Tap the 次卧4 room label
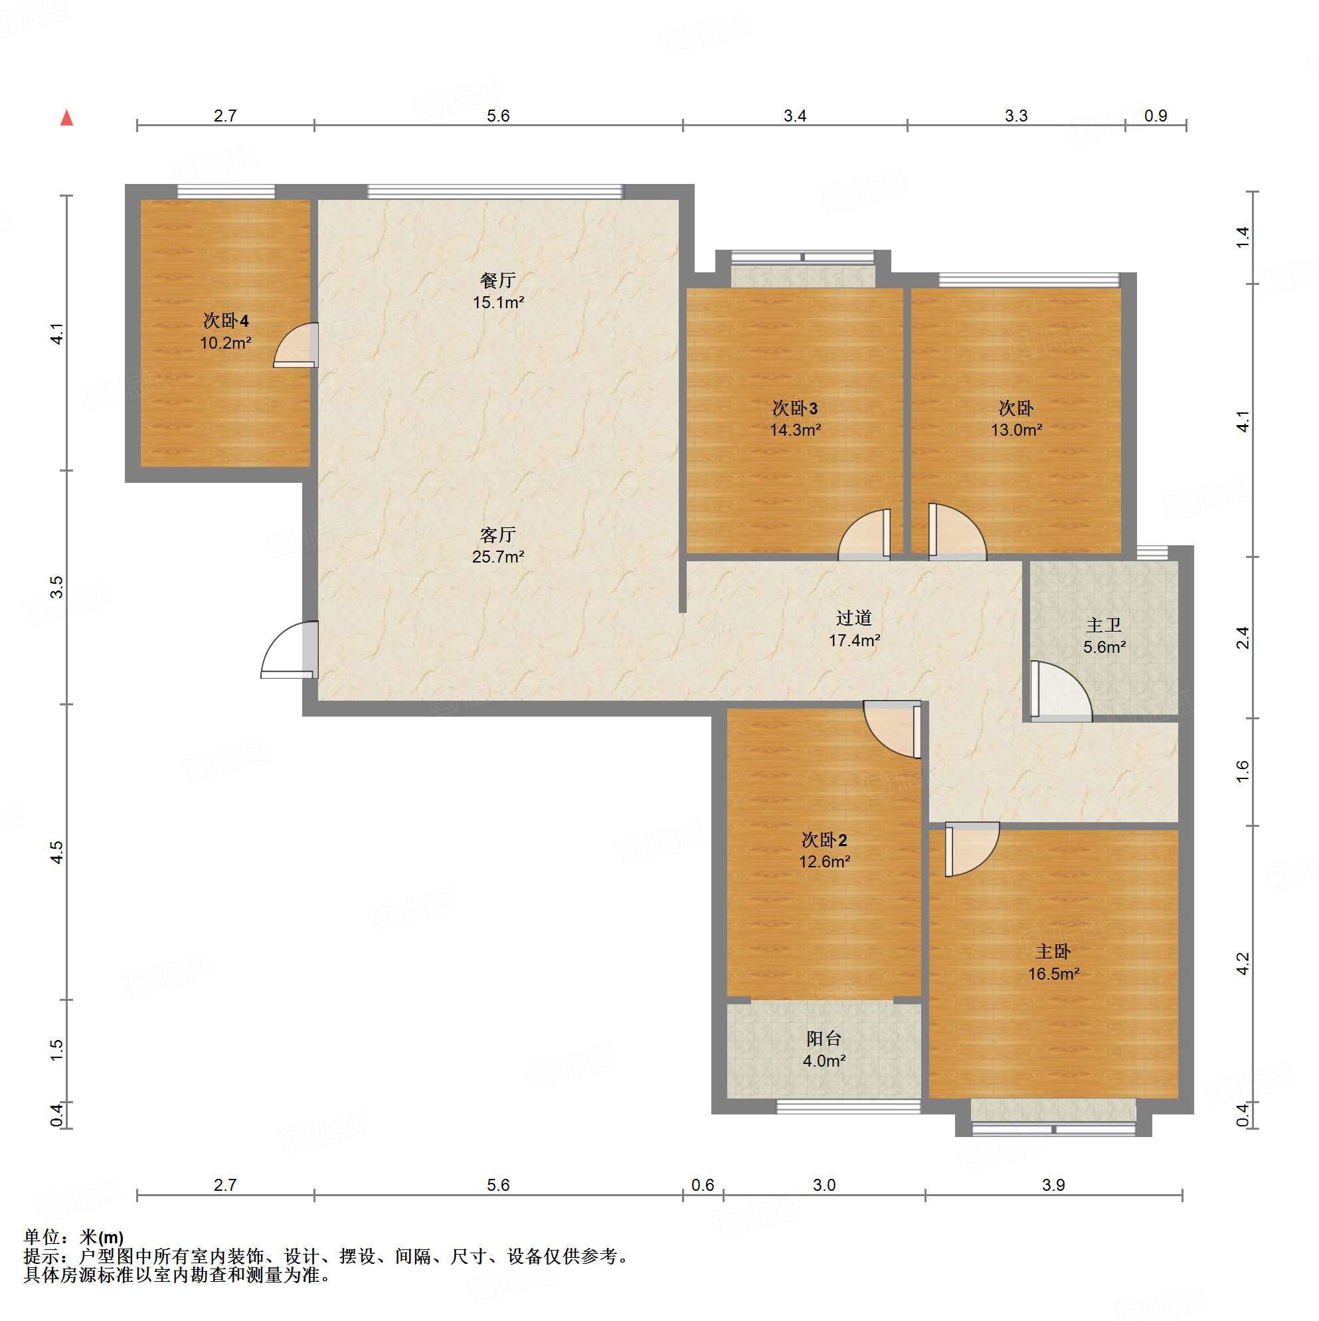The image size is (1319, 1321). click(x=226, y=321)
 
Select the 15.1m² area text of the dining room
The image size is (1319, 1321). click(x=499, y=302)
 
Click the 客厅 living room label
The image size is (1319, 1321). click(x=498, y=534)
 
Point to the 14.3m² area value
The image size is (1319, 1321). click(x=795, y=430)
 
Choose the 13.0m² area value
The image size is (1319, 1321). click(x=1017, y=430)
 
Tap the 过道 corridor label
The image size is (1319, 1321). click(x=854, y=618)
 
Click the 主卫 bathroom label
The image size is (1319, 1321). click(x=1104, y=625)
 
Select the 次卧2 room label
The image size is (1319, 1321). click(x=825, y=839)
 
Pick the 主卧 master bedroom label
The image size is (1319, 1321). click(x=1054, y=951)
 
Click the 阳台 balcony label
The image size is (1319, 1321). click(x=824, y=1039)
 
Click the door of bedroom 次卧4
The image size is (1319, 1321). click(x=296, y=345)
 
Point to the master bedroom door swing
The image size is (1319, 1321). click(x=972, y=849)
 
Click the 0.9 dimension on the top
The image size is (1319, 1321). click(x=1156, y=116)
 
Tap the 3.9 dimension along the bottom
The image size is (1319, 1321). click(x=1054, y=1185)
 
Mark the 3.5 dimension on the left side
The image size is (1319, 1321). click(x=56, y=587)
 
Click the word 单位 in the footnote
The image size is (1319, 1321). click(x=43, y=1237)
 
